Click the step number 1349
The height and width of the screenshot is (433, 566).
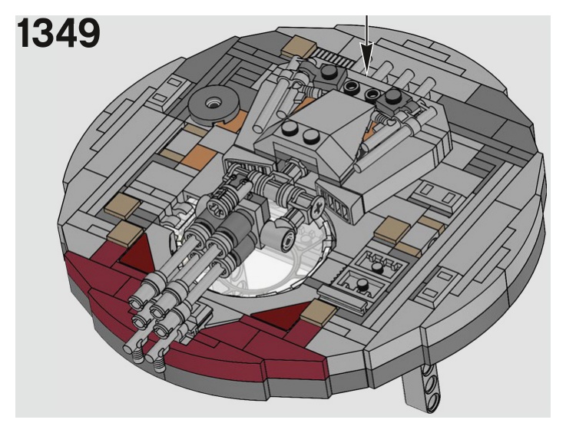(x=58, y=32)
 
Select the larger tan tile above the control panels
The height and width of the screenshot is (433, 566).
(x=395, y=227)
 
